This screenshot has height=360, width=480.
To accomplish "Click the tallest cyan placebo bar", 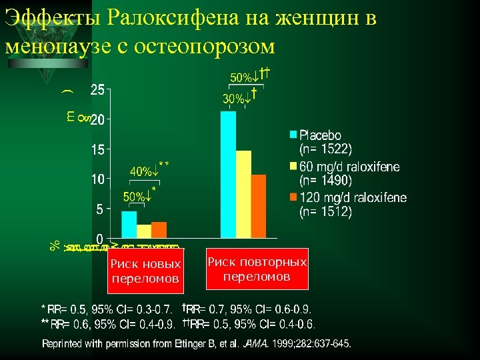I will tap(228, 174).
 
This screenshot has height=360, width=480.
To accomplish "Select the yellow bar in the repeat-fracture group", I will tap(243, 194).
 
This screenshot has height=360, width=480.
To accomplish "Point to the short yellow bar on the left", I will tap(144, 231).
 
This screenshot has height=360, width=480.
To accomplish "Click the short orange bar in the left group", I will tap(159, 229).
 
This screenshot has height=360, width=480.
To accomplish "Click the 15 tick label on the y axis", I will tap(97, 150).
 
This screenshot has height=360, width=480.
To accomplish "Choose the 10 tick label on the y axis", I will tap(97, 179).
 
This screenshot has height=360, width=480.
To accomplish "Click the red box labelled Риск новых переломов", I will tap(145, 271).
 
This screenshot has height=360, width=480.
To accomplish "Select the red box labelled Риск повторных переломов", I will tap(257, 269).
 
